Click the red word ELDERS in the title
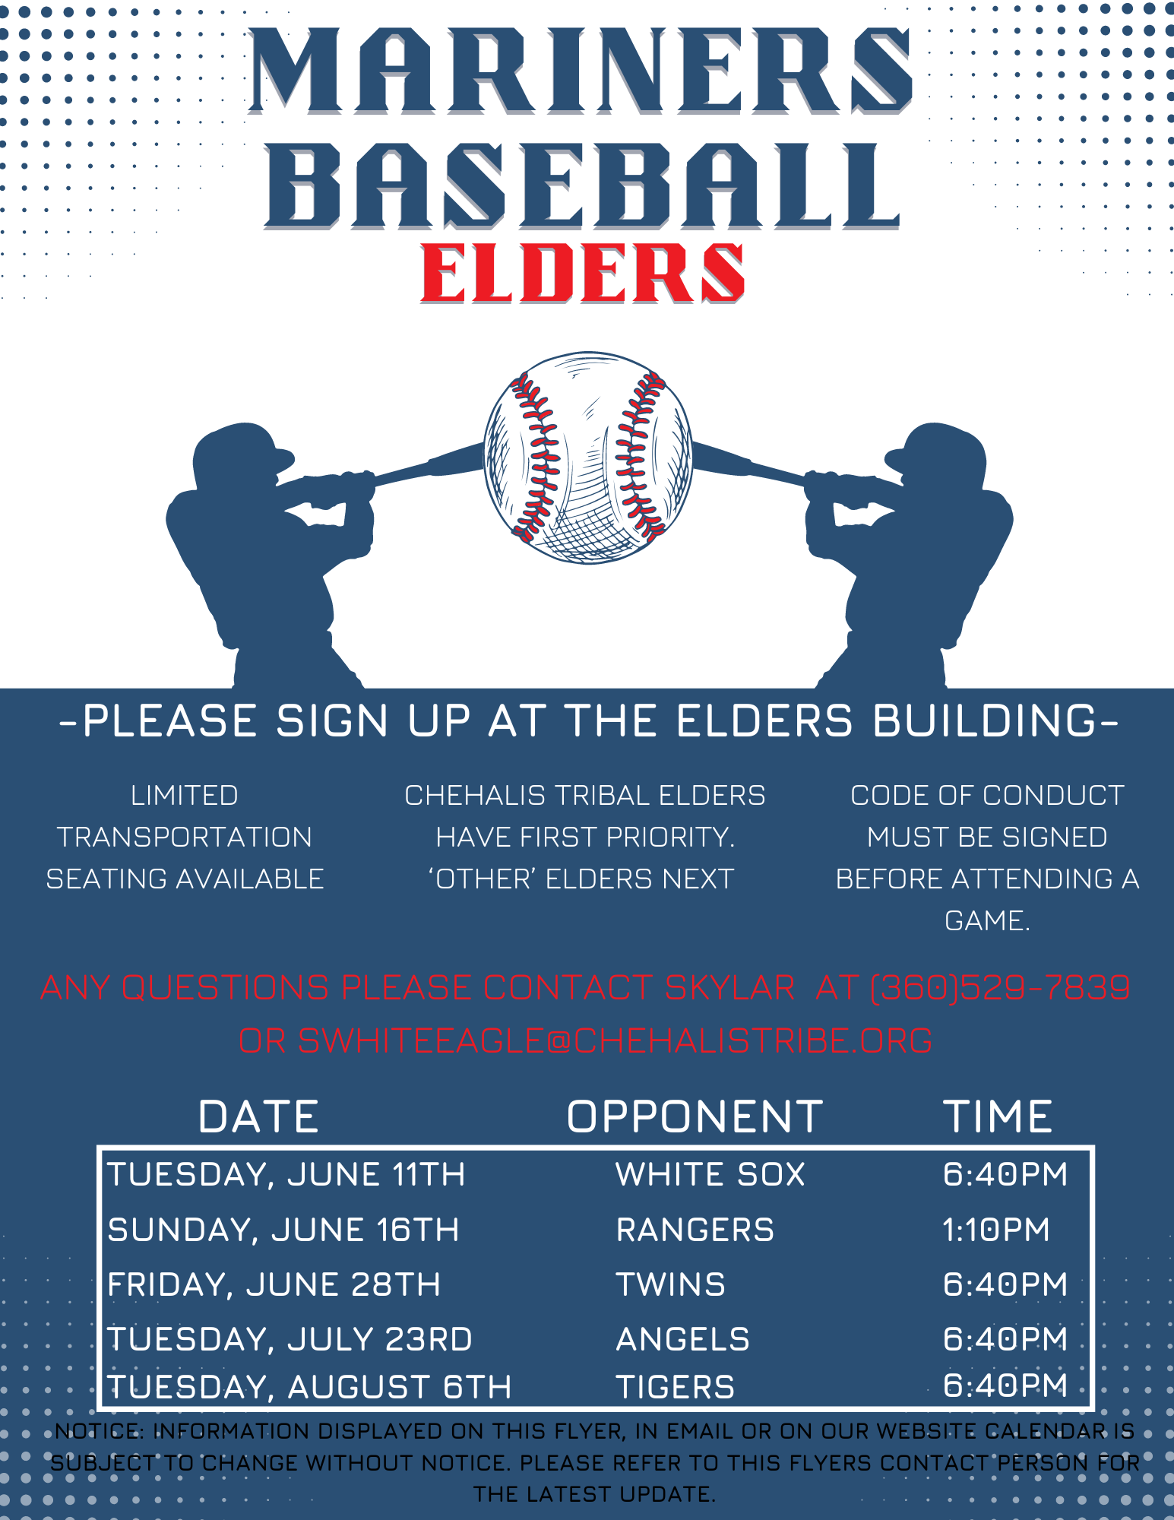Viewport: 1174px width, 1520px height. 583,274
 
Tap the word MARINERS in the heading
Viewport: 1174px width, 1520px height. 581,71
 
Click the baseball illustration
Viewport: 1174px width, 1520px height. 588,458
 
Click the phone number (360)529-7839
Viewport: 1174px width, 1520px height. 1000,988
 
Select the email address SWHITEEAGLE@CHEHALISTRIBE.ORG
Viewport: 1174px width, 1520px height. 615,1040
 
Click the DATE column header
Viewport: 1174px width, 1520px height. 258,1116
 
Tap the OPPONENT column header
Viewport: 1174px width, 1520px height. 695,1116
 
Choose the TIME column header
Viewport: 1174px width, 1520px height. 998,1116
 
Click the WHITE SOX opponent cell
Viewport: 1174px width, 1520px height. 710,1174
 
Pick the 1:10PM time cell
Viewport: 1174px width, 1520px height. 996,1230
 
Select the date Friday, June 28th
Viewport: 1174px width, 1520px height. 274,1285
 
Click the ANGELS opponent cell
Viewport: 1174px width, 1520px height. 682,1339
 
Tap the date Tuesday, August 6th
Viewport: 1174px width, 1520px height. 309,1387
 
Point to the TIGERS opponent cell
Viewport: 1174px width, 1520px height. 675,1387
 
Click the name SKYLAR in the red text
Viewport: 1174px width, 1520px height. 729,988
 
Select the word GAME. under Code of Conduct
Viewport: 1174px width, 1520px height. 987,921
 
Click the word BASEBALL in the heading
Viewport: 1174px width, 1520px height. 582,187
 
